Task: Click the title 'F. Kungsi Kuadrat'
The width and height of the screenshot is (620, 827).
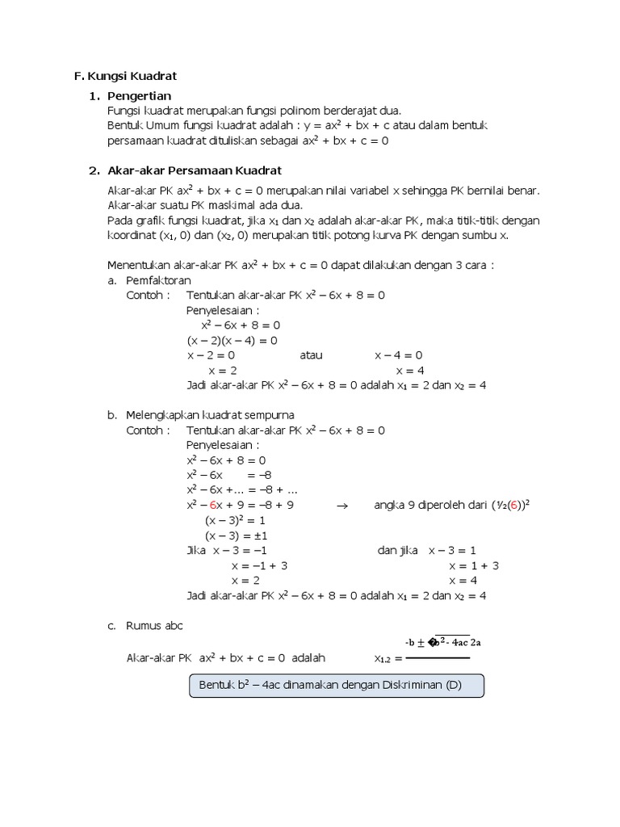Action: click(x=125, y=76)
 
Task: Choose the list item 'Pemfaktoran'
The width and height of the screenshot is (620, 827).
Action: click(x=158, y=280)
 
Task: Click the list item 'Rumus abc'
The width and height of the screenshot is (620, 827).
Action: click(x=155, y=625)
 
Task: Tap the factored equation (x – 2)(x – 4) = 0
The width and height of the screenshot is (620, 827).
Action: click(x=232, y=340)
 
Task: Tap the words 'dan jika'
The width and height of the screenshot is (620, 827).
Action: click(x=398, y=551)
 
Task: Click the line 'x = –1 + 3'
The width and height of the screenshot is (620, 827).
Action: click(x=259, y=565)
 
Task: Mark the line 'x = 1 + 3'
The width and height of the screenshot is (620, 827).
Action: click(x=474, y=565)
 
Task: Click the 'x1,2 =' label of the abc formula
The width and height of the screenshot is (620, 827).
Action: click(x=393, y=658)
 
